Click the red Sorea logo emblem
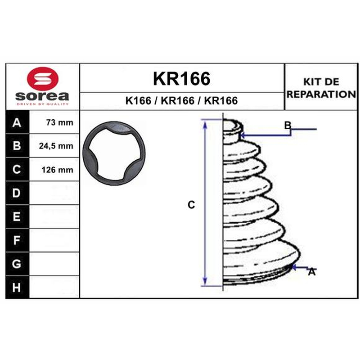43,78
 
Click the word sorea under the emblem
42,96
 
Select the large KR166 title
181,78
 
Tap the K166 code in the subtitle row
138,100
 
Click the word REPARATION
321,94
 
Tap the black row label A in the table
17,122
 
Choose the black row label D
17,193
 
